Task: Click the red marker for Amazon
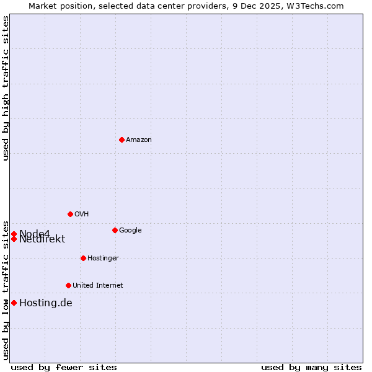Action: (122, 139)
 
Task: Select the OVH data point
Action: (70, 214)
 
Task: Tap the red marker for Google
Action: (115, 230)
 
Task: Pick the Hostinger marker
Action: (83, 258)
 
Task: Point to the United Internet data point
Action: (68, 285)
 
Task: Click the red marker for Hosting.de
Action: (14, 303)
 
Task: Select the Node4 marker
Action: (14, 234)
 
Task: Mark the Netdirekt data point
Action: (14, 239)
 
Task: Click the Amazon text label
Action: (138, 140)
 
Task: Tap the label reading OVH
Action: (81, 215)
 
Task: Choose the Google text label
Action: (130, 231)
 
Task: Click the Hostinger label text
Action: (103, 259)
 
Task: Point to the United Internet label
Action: (97, 286)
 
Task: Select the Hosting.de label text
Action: (45, 303)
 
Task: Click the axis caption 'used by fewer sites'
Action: (64, 367)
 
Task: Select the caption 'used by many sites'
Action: (311, 367)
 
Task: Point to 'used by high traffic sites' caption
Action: (6, 88)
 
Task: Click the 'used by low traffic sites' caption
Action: (6, 290)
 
